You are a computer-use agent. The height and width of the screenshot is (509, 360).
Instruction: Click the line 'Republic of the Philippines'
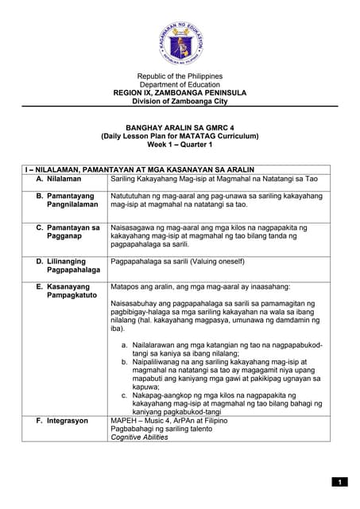[180, 76]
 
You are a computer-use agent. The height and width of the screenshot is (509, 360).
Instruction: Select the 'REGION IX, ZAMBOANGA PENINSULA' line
[180, 92]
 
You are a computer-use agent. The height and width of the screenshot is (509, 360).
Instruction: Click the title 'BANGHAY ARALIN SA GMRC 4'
[180, 126]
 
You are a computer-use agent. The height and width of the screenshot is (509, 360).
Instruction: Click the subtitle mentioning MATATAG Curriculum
[180, 135]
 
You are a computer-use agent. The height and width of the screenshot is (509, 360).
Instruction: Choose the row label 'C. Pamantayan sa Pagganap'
[68, 232]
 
